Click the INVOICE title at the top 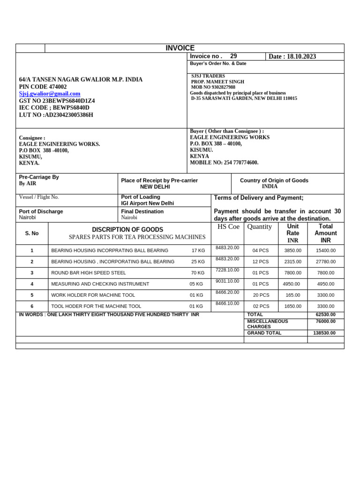180,48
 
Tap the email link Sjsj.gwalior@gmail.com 50,94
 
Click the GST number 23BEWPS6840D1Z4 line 57,101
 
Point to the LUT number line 56,115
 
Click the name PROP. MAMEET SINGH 217,82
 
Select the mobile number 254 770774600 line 224,163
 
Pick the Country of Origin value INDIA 270,187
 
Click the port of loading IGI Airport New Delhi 147,203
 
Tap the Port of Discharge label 41,211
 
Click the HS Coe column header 228,227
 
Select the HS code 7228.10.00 227,270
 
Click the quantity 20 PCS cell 261,295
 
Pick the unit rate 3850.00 292,251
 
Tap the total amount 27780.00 325,262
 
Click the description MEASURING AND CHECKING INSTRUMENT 100,284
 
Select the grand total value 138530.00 324,333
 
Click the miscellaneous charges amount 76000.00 324,322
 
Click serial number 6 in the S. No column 32,307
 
